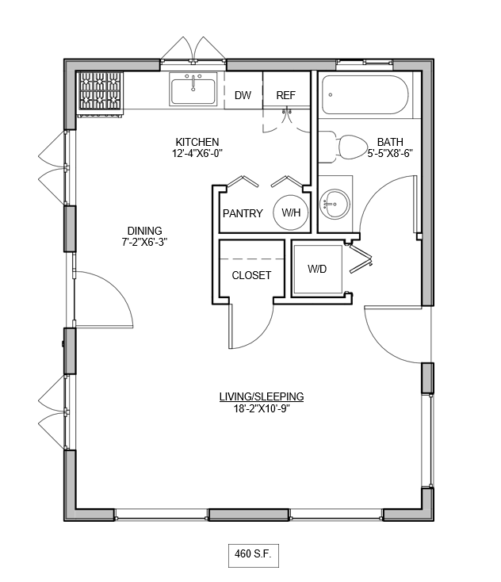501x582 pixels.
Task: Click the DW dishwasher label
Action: click(x=243, y=95)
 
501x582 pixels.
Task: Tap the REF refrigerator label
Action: click(x=285, y=95)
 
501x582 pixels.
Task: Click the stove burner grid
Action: click(x=100, y=91)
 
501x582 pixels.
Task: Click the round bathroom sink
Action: click(x=335, y=204)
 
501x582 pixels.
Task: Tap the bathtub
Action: click(x=365, y=95)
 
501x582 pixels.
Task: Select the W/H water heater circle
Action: click(x=291, y=213)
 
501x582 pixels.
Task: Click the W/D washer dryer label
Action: click(x=317, y=269)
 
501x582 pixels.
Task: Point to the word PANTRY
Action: click(x=243, y=213)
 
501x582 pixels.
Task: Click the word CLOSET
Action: click(x=251, y=275)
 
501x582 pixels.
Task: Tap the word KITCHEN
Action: click(x=197, y=142)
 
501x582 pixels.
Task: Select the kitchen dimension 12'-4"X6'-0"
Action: click(x=197, y=153)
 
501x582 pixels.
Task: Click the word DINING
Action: click(x=145, y=231)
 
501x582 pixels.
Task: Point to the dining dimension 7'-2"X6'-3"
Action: click(x=145, y=242)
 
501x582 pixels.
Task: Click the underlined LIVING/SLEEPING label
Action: click(x=262, y=396)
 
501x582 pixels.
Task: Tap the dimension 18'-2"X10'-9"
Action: click(x=262, y=408)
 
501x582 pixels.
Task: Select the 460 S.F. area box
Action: click(x=254, y=555)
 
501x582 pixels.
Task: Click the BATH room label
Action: click(x=390, y=142)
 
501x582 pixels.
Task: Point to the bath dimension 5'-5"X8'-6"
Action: click(x=390, y=153)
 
